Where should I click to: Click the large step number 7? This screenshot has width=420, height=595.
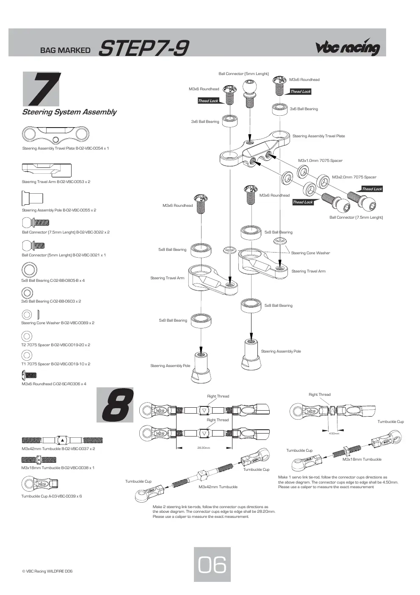point(44,89)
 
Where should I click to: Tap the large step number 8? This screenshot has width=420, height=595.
point(118,405)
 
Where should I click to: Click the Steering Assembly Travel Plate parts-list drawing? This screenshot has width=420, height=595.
point(55,134)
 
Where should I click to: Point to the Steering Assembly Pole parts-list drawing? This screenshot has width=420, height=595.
point(32,198)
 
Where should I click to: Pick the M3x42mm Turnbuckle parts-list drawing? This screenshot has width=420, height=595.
point(62,440)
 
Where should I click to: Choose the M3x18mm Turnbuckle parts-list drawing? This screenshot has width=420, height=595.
point(39,459)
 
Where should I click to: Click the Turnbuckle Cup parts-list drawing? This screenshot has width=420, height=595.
point(39,484)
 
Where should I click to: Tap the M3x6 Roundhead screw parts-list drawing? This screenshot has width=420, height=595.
point(29,375)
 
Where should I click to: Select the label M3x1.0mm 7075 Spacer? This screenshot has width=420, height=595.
point(320,161)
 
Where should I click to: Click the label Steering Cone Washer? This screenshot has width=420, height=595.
point(310,253)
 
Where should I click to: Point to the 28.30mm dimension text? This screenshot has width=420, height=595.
point(204,448)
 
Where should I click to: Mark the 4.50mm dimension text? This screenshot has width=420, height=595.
point(334,433)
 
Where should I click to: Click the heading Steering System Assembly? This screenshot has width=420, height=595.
point(69,112)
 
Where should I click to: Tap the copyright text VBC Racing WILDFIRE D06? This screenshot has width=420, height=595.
point(47,571)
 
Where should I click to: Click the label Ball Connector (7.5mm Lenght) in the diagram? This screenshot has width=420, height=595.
point(356,217)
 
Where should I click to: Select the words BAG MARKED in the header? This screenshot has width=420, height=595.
point(65,50)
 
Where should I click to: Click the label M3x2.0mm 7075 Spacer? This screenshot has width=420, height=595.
point(354,177)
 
